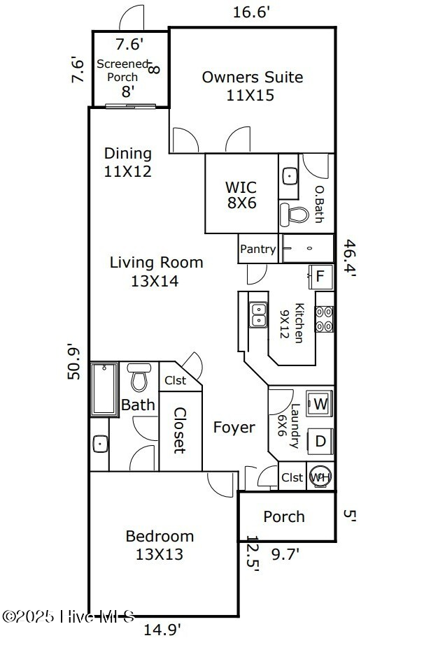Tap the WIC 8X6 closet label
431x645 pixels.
click(x=240, y=195)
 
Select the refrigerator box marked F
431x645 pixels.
click(x=320, y=276)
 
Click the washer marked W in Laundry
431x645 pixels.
click(x=320, y=404)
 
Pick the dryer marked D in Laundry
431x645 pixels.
click(x=320, y=441)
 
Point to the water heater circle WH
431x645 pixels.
click(x=320, y=477)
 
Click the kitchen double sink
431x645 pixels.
click(x=258, y=314)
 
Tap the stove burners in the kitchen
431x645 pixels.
click(x=324, y=319)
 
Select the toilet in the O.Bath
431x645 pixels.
click(x=294, y=213)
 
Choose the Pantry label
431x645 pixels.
click(x=258, y=249)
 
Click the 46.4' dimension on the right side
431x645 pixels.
click(x=350, y=259)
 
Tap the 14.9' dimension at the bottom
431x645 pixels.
click(x=162, y=630)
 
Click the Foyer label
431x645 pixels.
click(x=234, y=428)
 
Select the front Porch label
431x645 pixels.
click(x=284, y=516)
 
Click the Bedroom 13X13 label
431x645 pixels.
click(x=160, y=545)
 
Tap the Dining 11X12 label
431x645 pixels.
click(x=127, y=161)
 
